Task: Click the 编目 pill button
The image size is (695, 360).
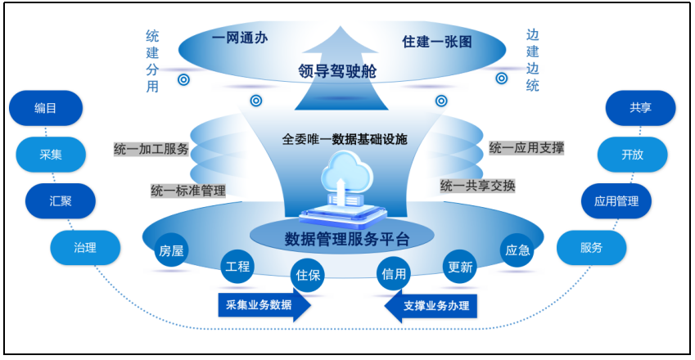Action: tap(46, 108)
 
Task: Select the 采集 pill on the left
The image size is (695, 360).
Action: tap(50, 153)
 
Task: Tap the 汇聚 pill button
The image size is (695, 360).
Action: tap(60, 200)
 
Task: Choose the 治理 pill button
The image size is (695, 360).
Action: tap(85, 247)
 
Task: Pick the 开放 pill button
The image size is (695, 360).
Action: tap(632, 154)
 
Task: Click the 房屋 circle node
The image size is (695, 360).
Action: tap(170, 251)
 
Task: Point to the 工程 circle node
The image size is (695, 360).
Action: tap(237, 266)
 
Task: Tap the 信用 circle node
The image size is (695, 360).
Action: tap(394, 275)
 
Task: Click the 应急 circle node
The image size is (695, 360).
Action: tap(517, 251)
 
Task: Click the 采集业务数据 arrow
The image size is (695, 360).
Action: tap(264, 306)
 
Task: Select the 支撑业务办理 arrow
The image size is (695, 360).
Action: tap(432, 306)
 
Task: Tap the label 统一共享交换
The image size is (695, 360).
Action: tap(478, 186)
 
